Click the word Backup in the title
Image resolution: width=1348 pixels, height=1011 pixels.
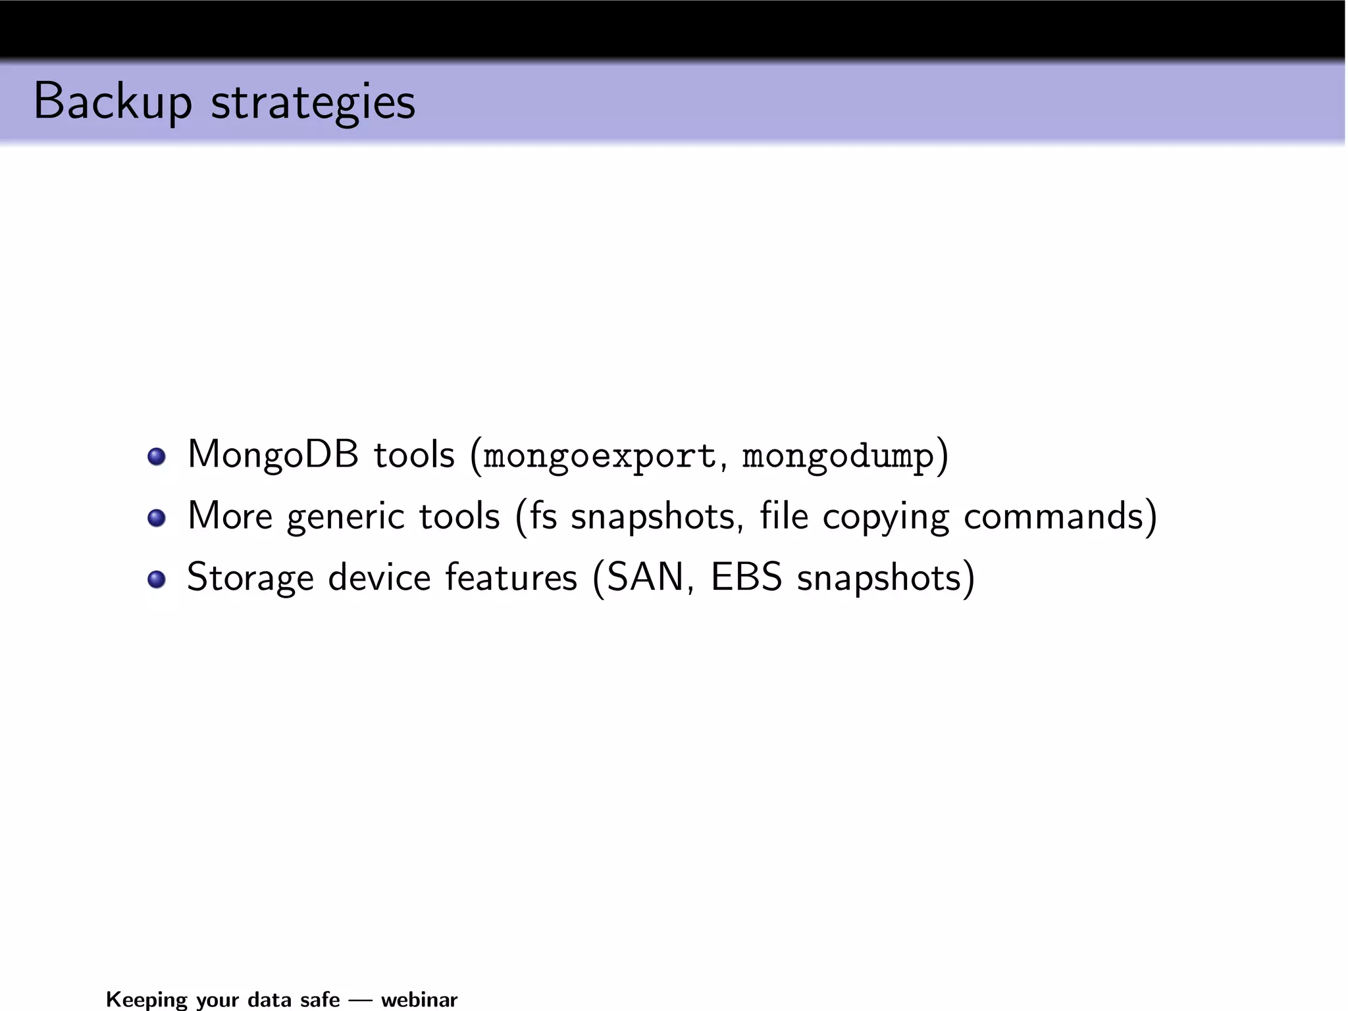pyautogui.click(x=112, y=102)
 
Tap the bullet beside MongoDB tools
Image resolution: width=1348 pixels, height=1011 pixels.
pyautogui.click(x=157, y=456)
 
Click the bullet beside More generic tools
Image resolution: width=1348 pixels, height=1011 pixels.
pyautogui.click(x=157, y=518)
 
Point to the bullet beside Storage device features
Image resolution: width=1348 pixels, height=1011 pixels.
pyautogui.click(x=157, y=579)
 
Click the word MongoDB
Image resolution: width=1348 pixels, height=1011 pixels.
pyautogui.click(x=273, y=454)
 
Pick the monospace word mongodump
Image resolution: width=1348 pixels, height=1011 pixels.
pyautogui.click(x=838, y=456)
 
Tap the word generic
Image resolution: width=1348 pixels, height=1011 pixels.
pyautogui.click(x=346, y=517)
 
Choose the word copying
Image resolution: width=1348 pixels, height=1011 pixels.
pyautogui.click(x=886, y=517)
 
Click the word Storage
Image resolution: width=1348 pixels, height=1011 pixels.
pyautogui.click(x=250, y=578)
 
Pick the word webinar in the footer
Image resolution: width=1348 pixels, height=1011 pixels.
pyautogui.click(x=419, y=999)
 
